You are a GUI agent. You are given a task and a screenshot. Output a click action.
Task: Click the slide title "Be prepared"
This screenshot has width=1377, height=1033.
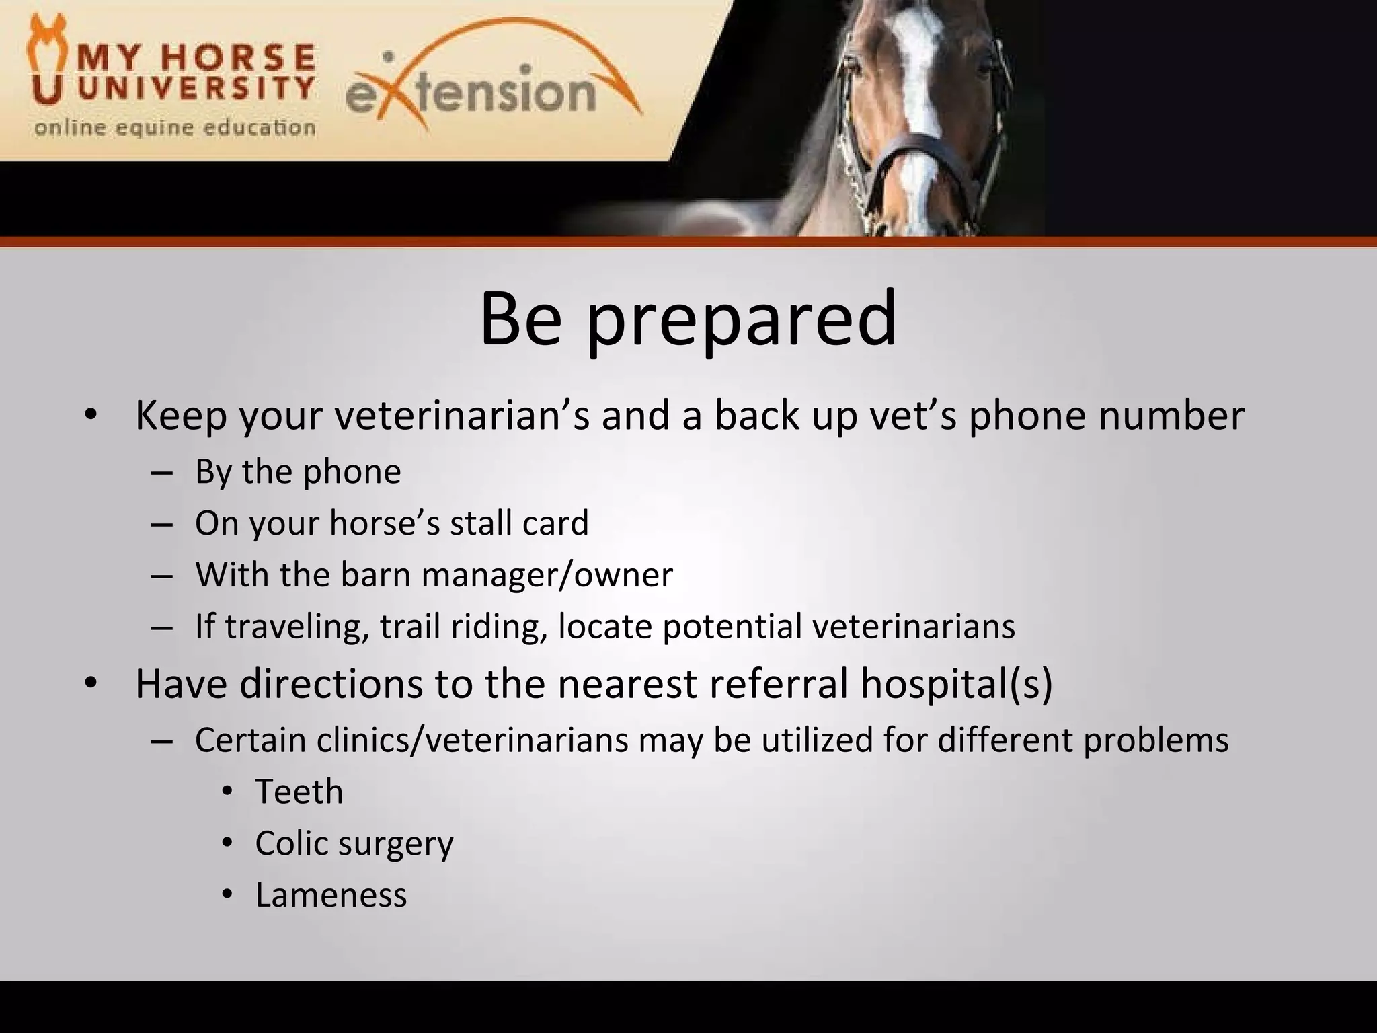(x=688, y=319)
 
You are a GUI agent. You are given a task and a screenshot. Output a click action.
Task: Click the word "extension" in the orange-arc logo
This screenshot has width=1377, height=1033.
(x=471, y=93)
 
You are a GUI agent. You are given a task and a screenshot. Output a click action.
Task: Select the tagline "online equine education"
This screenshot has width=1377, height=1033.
(x=175, y=127)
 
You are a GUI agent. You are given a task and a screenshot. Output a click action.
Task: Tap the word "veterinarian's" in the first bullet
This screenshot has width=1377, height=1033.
(x=462, y=416)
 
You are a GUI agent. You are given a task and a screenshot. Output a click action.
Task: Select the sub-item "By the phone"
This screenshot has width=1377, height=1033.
(x=298, y=471)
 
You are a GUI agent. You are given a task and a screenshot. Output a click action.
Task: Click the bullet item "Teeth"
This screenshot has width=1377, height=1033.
(x=299, y=792)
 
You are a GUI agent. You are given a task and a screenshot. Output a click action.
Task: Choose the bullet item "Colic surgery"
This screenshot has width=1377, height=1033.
(x=354, y=843)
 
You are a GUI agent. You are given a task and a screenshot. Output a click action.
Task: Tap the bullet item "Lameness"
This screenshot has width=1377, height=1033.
(x=331, y=895)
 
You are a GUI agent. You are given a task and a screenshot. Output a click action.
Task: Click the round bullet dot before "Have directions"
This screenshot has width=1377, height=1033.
(x=91, y=684)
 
